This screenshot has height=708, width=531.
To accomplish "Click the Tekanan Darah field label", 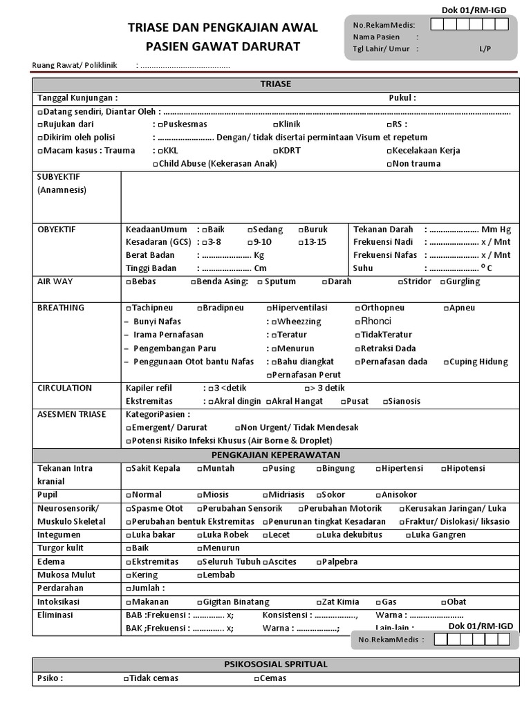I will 383,230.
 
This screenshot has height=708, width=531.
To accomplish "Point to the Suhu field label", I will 363,268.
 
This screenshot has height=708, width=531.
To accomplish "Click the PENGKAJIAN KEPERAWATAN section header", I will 275,455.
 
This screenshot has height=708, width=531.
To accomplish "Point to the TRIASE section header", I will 275,84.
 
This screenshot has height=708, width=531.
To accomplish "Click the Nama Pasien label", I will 376,37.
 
